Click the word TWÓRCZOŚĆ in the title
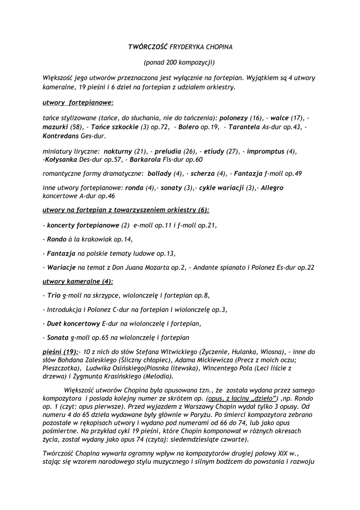tap(148, 47)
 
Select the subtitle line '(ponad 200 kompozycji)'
tap(179, 62)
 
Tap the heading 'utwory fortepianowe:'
tap(78, 103)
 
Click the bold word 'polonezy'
tap(234, 119)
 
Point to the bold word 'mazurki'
tap(55, 127)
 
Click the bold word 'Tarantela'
tap(244, 127)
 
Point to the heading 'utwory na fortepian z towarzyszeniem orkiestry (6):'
tap(126, 211)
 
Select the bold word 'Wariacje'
tap(62, 267)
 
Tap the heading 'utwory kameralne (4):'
tap(78, 281)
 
